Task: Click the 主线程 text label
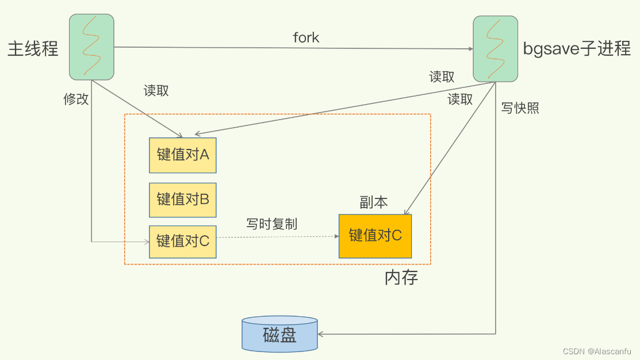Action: click(x=33, y=48)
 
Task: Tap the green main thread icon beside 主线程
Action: click(x=91, y=47)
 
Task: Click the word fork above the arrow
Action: click(x=306, y=38)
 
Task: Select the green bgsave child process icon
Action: click(x=495, y=48)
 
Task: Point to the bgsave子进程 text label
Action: click(x=577, y=48)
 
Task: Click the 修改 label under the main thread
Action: click(x=76, y=99)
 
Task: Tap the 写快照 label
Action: click(x=520, y=108)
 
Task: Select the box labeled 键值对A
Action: click(x=182, y=155)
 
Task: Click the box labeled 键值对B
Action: click(x=182, y=200)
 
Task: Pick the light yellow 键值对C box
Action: click(x=182, y=242)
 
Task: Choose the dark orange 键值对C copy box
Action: click(x=375, y=236)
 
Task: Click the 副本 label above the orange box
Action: click(x=374, y=202)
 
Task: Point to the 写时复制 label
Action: click(x=271, y=224)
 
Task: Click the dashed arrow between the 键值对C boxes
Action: click(x=276, y=236)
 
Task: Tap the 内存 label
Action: click(x=401, y=278)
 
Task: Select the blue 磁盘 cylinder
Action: click(x=279, y=334)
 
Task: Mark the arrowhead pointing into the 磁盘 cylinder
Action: click(x=321, y=334)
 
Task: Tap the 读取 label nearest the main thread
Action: click(x=156, y=91)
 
